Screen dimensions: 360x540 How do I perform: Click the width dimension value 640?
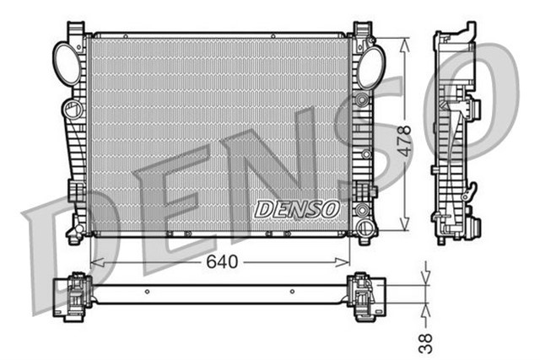point(222,261)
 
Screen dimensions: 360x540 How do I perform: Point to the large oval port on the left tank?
point(67,60)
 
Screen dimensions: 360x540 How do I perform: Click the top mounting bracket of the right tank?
point(362,33)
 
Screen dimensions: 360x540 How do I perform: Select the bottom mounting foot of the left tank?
point(75,233)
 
